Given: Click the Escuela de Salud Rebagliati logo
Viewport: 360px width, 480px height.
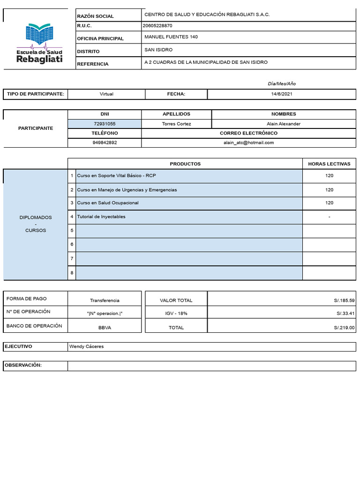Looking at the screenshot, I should point(39,43).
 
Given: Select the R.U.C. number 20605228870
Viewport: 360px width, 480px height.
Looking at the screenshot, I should point(157,26).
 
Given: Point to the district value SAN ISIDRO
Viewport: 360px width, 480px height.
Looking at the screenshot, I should point(158,50).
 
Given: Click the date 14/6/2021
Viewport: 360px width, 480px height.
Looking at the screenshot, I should point(282,94).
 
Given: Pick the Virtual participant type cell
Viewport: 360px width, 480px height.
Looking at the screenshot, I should point(106,94).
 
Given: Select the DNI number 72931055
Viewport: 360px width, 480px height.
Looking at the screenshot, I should point(105,124).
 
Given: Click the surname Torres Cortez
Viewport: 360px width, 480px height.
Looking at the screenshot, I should point(176,124).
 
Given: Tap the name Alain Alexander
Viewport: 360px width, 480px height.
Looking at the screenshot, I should point(283,124).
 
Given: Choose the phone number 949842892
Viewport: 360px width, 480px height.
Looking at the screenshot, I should point(105,142).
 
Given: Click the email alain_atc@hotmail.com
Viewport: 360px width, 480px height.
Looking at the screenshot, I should point(248,142).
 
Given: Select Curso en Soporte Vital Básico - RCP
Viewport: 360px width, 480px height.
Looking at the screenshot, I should point(116,176).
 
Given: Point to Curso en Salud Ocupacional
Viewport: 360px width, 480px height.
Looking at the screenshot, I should point(108,203).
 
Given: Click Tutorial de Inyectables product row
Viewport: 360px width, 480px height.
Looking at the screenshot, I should point(101,217).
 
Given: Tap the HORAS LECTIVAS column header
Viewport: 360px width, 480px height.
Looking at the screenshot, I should point(329,164).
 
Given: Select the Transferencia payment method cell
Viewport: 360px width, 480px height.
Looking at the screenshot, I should point(105,300).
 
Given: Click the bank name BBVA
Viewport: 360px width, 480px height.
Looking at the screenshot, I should point(105,328).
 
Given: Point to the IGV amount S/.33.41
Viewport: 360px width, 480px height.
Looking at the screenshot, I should point(345,314).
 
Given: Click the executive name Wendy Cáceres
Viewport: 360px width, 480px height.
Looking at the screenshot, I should point(86,346).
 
